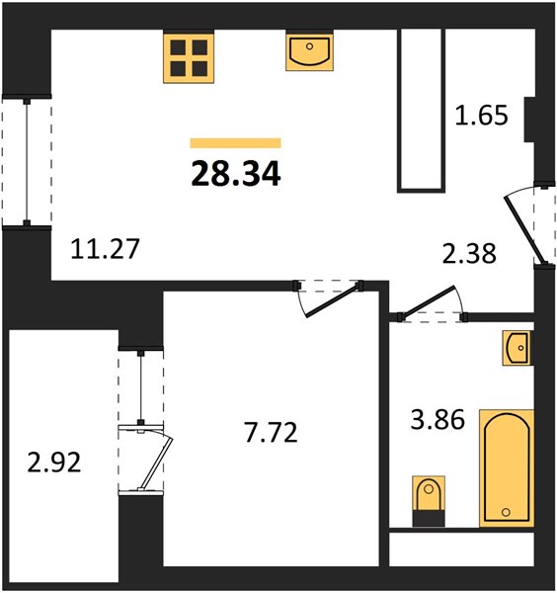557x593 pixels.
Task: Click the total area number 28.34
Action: [x=236, y=174]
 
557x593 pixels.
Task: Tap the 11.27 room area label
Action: [x=105, y=249]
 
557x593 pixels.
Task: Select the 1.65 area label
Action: [x=481, y=115]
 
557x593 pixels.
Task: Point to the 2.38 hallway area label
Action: [x=469, y=253]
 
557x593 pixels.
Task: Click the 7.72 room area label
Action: [x=271, y=432]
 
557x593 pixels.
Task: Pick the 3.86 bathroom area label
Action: [x=438, y=419]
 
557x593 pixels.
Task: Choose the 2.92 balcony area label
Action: [x=54, y=463]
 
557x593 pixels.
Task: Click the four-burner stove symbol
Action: [x=189, y=56]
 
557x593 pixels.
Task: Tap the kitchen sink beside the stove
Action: [x=309, y=51]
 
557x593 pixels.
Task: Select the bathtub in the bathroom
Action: [x=507, y=467]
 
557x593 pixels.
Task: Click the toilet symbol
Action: [x=429, y=501]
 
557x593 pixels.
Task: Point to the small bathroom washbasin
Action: [x=517, y=348]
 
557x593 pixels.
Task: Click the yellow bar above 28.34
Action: [x=235, y=143]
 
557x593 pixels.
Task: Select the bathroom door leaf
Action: [x=428, y=300]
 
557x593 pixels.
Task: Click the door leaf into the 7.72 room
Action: [x=332, y=301]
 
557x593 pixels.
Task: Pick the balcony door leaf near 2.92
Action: [x=156, y=464]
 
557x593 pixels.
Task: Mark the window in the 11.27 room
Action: [x=27, y=161]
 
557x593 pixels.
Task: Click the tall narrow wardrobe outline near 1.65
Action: [x=422, y=111]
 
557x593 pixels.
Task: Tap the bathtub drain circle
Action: [x=506, y=512]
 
